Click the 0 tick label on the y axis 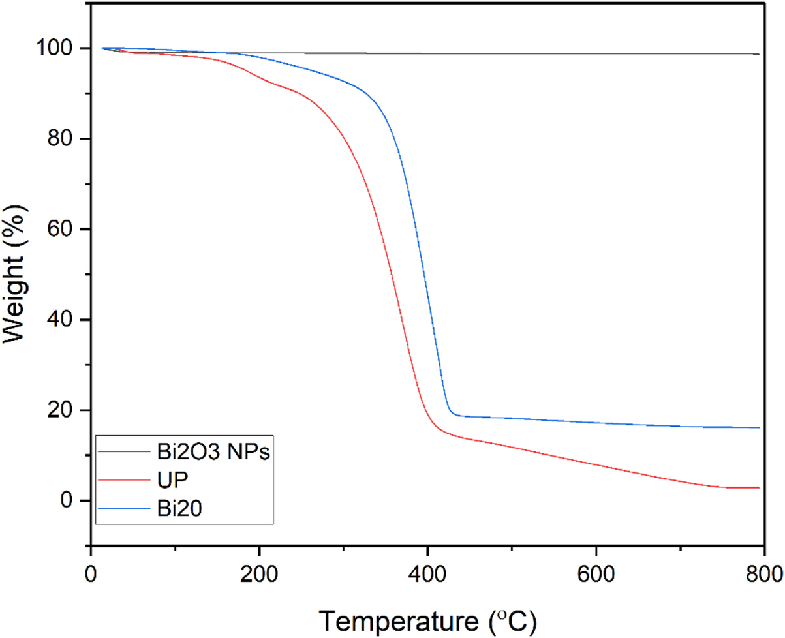72,501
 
